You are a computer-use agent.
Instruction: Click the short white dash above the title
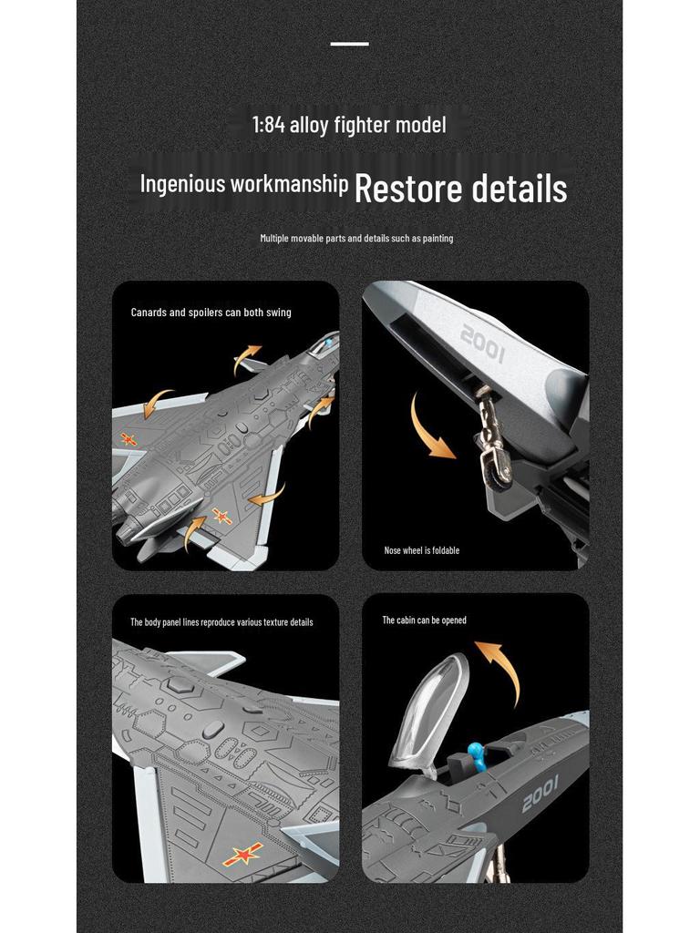(x=349, y=44)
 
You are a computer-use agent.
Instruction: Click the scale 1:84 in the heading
(x=269, y=125)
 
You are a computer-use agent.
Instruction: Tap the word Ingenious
(x=182, y=184)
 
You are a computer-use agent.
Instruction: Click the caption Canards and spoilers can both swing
(x=211, y=313)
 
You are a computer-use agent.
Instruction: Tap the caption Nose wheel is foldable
(x=421, y=550)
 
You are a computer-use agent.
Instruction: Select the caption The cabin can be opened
(x=424, y=620)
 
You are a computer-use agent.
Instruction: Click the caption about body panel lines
(x=221, y=622)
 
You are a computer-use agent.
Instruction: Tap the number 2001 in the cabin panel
(x=540, y=799)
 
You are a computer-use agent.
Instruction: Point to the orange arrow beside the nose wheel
(x=428, y=428)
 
